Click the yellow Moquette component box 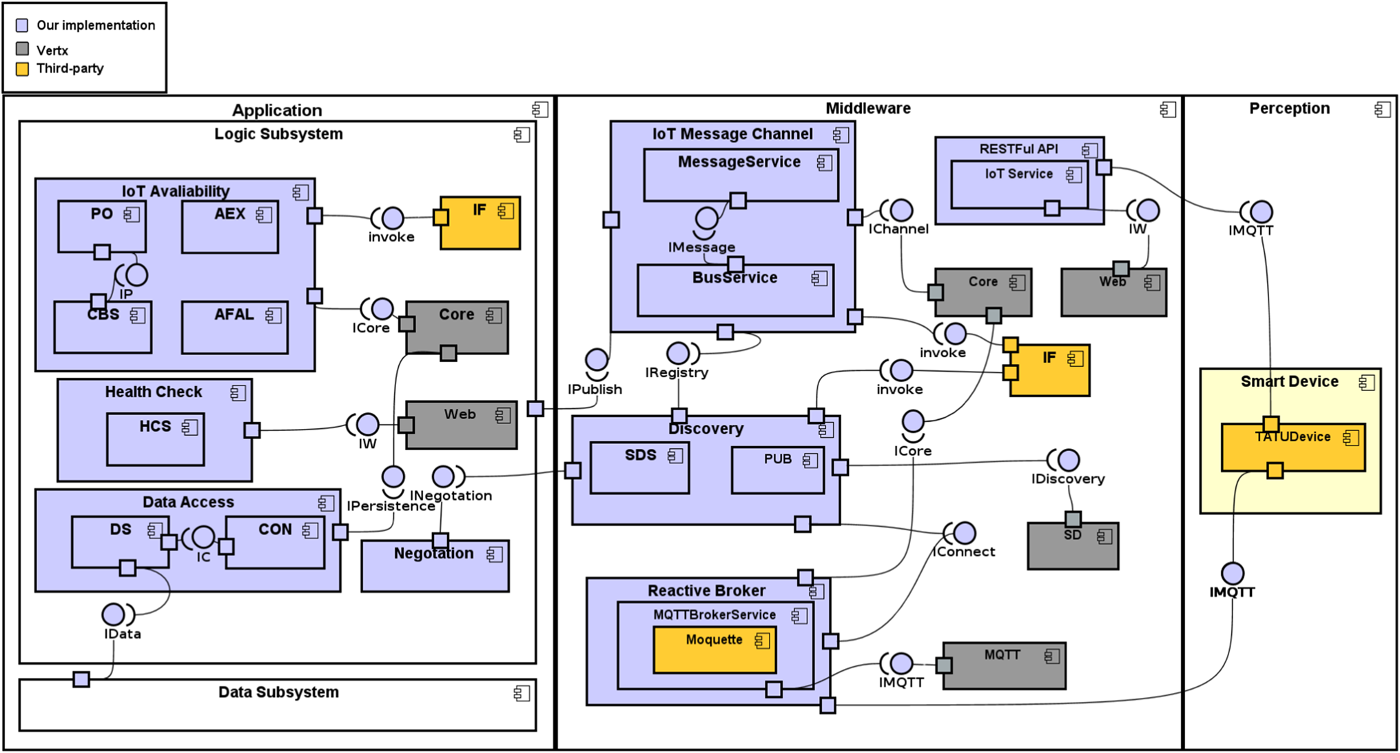tap(714, 649)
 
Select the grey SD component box tap(1073, 545)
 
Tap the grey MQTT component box tap(1004, 665)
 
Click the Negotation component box tap(435, 565)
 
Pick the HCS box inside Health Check tap(155, 439)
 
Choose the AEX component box tap(230, 227)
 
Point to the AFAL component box tap(235, 328)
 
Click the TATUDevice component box tap(1293, 448)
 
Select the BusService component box tap(735, 290)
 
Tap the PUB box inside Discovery tap(778, 470)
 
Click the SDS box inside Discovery tap(639, 468)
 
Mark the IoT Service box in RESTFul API tap(1019, 184)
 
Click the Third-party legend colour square tap(23, 69)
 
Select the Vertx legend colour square tap(23, 49)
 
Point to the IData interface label tap(123, 634)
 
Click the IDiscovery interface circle tap(1068, 459)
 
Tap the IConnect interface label tap(963, 552)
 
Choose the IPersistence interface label tap(391, 506)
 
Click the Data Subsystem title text tap(278, 692)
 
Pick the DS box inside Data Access tap(121, 543)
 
